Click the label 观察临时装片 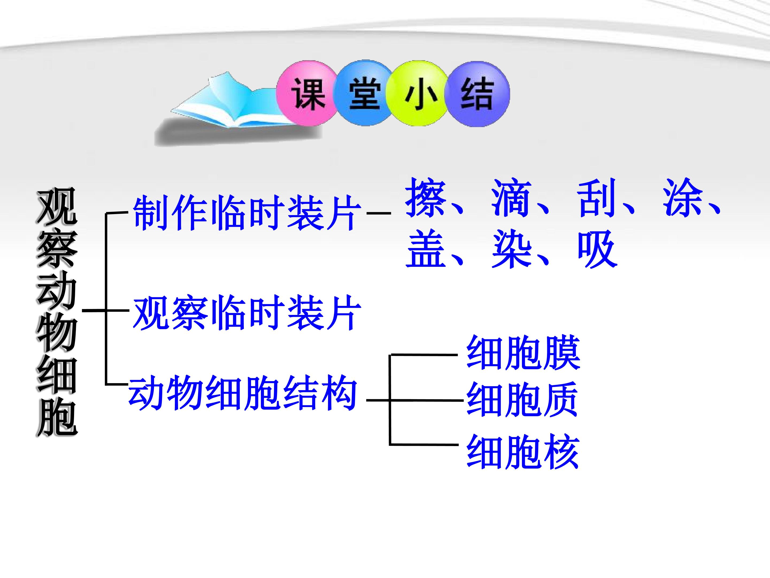tap(247, 313)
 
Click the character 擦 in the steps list tap(426, 197)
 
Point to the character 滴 tap(512, 197)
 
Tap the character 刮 tap(597, 197)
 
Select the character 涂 tap(683, 197)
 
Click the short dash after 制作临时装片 tap(379, 213)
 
